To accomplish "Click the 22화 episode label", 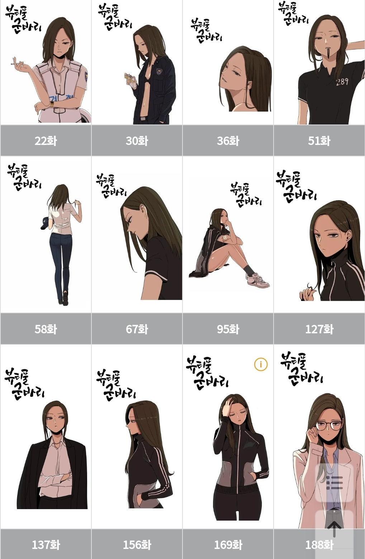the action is click(46, 141).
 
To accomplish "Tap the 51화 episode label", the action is click(319, 141).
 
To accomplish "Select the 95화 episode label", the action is click(228, 329).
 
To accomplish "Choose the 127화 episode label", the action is click(319, 329).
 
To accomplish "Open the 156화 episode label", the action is click(137, 545).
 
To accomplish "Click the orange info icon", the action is click(261, 365).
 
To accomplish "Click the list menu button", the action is click(334, 483).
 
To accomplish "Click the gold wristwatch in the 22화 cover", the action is click(52, 104).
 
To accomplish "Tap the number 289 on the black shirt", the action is click(342, 81).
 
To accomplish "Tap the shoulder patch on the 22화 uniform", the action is click(86, 75).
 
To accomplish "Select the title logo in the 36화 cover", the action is click(206, 31).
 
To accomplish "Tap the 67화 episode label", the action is click(137, 329).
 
